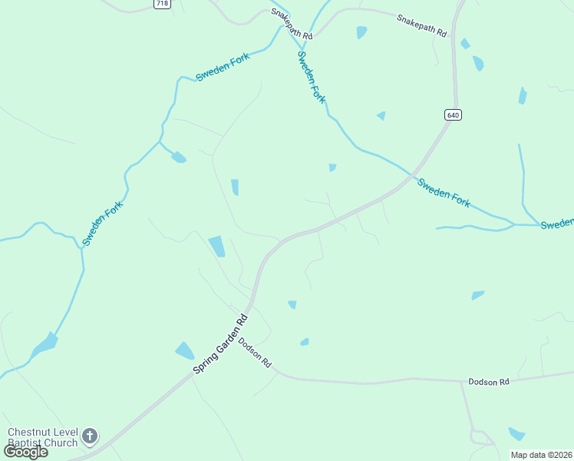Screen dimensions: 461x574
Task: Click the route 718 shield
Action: point(162,4)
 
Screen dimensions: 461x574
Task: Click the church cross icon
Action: point(90,436)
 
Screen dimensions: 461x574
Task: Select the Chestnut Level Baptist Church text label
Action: point(42,437)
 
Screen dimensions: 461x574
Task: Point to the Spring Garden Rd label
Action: point(221,344)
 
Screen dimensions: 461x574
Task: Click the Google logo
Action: point(25,452)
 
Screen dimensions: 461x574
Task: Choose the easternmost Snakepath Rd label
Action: point(421,25)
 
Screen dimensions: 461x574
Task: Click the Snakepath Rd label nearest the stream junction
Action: point(292,25)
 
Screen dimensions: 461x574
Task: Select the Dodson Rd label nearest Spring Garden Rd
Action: point(256,351)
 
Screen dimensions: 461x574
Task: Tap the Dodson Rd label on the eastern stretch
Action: point(489,382)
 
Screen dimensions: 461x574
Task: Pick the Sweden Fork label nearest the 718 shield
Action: point(223,66)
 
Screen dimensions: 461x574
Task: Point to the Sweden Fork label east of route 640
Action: point(444,191)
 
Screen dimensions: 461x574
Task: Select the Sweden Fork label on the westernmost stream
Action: point(103,223)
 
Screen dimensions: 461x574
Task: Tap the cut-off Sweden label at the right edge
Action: point(556,224)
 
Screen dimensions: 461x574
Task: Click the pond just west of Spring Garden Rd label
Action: point(184,351)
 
